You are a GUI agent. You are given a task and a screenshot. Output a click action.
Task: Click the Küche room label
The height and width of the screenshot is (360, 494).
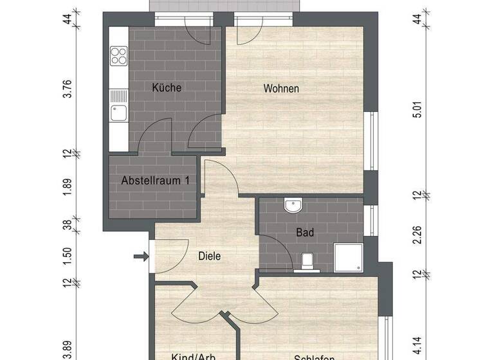167,87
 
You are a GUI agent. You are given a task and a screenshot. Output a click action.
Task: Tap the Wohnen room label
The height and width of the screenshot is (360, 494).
281,89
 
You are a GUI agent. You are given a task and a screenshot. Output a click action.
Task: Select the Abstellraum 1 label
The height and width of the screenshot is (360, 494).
155,181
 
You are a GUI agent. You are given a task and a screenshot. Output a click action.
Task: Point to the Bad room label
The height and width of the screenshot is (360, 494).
305,233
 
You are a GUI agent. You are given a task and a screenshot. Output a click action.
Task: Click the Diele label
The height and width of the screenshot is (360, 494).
209,256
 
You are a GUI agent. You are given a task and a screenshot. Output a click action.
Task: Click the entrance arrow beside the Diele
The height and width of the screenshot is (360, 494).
140,258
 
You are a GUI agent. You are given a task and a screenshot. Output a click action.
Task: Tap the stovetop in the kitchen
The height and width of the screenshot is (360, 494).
118,55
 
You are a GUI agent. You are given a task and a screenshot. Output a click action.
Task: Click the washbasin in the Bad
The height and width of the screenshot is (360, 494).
293,206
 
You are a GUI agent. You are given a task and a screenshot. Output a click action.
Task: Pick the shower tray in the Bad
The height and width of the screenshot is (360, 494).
348,258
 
